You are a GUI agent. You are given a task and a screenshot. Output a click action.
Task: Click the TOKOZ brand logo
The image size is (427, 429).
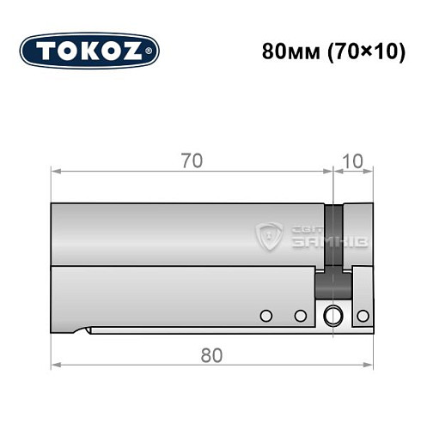point(89,51)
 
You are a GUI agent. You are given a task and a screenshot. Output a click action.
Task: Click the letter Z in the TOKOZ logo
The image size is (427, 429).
point(138,51)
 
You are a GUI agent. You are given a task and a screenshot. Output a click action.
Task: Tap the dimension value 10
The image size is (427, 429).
point(353,160)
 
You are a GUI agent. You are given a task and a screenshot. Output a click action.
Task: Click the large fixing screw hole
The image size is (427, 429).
point(332,317)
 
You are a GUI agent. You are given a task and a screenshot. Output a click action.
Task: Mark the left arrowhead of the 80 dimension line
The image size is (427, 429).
point(56,366)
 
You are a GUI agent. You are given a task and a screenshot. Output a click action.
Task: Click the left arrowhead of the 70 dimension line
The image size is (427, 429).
point(56,172)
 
